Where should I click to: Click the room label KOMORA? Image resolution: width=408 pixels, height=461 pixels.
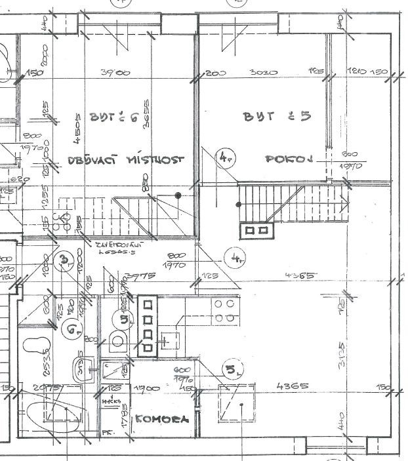[x=160, y=420]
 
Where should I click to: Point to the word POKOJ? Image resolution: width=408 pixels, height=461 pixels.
[x=287, y=159]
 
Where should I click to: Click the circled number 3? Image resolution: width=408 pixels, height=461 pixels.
[x=63, y=261]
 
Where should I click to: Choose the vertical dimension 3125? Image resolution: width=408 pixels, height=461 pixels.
[x=342, y=355]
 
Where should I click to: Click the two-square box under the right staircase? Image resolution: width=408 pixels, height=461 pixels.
[x=256, y=230]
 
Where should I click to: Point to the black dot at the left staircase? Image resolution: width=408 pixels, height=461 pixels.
[x=178, y=195]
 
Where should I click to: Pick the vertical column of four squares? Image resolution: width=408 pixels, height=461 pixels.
[x=148, y=327]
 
